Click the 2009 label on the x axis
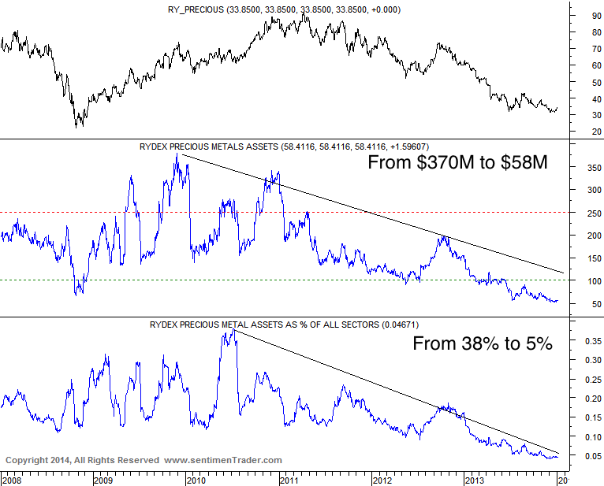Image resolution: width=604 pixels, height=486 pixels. point(104,478)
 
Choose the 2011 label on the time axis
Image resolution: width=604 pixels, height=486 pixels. point(289,478)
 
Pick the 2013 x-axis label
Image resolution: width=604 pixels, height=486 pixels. point(475,478)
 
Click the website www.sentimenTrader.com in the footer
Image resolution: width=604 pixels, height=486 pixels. point(223,460)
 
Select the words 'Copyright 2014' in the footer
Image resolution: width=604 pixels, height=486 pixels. point(38,460)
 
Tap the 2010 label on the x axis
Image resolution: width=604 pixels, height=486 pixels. point(197,478)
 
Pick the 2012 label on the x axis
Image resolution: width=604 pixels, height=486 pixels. point(382,478)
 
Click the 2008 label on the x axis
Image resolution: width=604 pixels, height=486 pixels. point(12,478)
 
